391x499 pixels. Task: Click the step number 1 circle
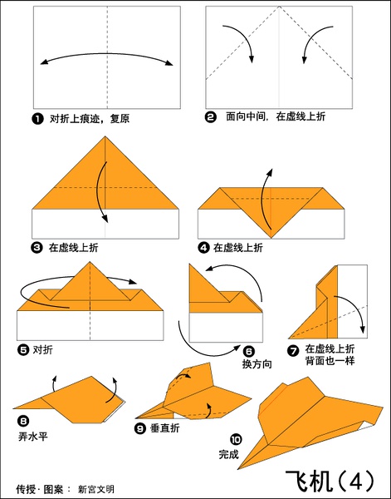click(x=37, y=119)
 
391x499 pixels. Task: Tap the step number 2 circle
click(x=210, y=117)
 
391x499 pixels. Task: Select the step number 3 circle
click(x=37, y=248)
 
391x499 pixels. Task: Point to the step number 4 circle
click(x=203, y=247)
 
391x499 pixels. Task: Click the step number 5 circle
click(x=23, y=350)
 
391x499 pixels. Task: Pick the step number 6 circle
click(x=249, y=351)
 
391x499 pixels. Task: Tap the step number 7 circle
click(x=293, y=351)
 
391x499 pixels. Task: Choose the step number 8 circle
click(x=23, y=422)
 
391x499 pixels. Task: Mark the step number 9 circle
click(x=139, y=428)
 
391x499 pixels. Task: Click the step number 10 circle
click(x=236, y=440)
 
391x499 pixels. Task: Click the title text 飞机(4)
click(x=330, y=481)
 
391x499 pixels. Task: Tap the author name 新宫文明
click(x=96, y=489)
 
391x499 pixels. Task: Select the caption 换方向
click(x=257, y=363)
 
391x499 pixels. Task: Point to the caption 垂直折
click(x=165, y=428)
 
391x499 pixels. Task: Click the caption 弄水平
click(x=33, y=436)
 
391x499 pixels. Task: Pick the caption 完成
click(x=228, y=454)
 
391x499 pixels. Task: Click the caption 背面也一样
click(x=330, y=361)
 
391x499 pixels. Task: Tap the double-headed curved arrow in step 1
click(x=107, y=54)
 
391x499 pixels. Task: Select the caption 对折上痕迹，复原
click(x=90, y=119)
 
